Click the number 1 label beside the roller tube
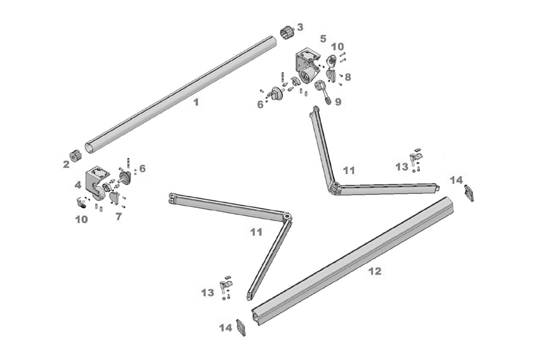[196, 102]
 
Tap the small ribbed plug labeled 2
[75, 156]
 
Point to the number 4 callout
[78, 185]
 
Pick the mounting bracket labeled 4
[96, 181]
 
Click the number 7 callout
[118, 216]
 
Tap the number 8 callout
[348, 76]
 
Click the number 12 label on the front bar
[375, 271]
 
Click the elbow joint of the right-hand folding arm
[334, 188]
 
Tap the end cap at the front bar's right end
[469, 192]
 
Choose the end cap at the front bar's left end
[242, 328]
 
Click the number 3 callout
[300, 27]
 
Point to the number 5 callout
[323, 39]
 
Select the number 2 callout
[66, 165]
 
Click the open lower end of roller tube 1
[89, 148]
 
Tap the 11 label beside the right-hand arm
[349, 170]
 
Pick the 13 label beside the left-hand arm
[208, 292]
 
